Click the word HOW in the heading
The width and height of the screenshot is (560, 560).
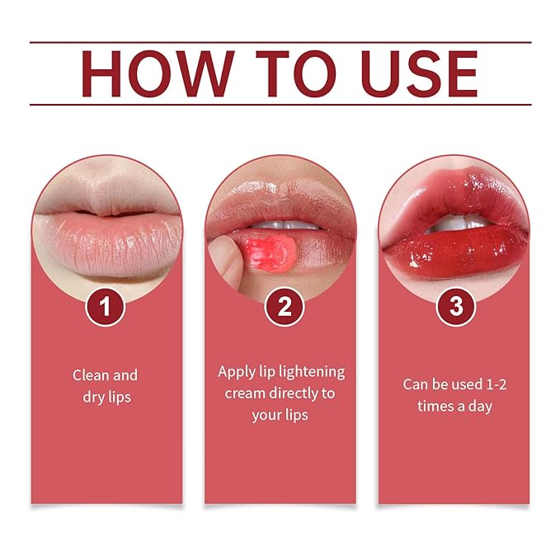(158, 73)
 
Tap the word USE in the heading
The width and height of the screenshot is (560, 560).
(419, 73)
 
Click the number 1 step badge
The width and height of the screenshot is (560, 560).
(105, 307)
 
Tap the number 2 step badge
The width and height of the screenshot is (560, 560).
(285, 307)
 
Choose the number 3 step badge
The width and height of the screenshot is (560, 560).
(456, 307)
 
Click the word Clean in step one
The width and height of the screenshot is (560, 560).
(91, 375)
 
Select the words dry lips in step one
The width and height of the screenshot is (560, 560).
(106, 398)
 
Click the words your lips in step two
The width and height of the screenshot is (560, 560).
(280, 416)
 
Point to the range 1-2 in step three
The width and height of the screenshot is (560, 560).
(496, 384)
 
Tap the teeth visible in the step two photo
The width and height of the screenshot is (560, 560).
(284, 225)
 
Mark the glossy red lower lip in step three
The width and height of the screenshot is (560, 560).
(456, 250)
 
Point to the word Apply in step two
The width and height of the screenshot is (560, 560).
(236, 373)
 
